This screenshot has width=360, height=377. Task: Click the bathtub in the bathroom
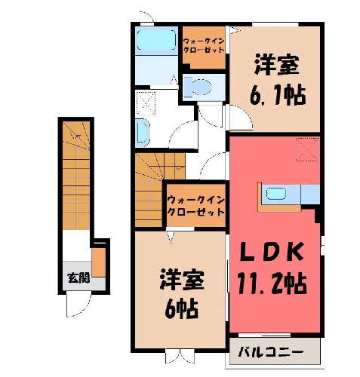point(156,41)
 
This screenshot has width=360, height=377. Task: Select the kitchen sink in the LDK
point(276,194)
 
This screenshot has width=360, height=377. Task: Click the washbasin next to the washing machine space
point(143,133)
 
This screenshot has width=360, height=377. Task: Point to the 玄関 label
point(78,277)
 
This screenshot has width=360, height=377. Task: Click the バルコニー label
point(271,352)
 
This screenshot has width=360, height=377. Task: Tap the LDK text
point(272,252)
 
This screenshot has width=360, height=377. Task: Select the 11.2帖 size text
point(272,284)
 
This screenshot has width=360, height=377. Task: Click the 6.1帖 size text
point(278,96)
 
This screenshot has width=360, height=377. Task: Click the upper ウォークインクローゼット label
point(204,45)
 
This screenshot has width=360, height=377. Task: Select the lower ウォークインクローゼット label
point(196,207)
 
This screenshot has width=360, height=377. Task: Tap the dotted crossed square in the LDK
point(308,149)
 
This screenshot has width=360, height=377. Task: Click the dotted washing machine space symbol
point(146,103)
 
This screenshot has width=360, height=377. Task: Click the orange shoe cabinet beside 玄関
point(98,262)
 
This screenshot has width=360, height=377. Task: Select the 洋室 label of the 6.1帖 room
point(277,65)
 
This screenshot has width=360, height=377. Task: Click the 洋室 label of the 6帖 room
point(182,279)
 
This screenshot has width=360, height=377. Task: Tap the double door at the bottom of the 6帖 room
point(180,356)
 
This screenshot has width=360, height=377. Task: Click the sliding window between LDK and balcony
point(264,335)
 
